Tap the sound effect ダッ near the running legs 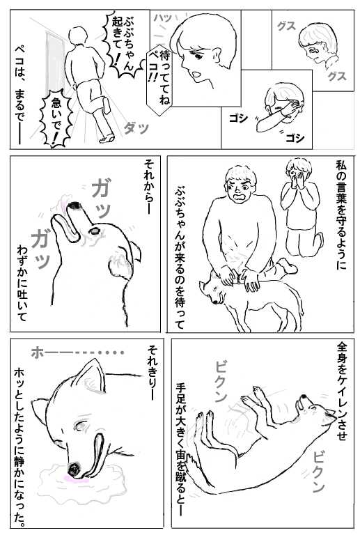pyautogui.click(x=136, y=129)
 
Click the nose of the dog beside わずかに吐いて pyautogui.click(x=74, y=206)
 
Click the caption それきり pyautogui.click(x=152, y=373)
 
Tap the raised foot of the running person pyautogui.click(x=107, y=105)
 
